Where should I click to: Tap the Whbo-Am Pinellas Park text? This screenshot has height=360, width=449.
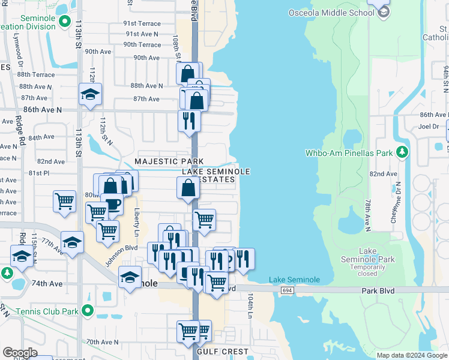349,152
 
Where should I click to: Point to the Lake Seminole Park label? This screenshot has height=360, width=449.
376,255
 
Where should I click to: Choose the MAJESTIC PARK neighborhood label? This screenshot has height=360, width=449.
169,161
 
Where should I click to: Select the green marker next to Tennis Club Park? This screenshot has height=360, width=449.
88,311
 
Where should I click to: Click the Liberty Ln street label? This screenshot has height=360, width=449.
137,221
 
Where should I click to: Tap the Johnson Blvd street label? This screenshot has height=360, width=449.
121,256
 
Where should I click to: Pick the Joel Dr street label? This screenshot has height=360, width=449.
429,127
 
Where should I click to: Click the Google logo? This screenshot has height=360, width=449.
20,352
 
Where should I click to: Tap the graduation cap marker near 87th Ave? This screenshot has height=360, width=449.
90,94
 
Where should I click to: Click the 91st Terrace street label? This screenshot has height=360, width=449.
142,23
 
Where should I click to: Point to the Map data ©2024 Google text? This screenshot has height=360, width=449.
412,355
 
